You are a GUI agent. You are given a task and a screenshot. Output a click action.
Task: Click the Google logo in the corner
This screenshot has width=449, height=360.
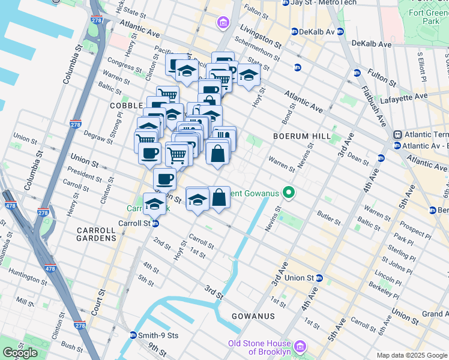20,352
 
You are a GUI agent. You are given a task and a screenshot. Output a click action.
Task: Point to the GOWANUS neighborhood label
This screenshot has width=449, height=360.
255,316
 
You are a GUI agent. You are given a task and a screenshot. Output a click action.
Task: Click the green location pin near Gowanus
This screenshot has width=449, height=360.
289,193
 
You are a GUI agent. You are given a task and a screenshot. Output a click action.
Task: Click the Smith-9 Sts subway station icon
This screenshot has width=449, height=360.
133,335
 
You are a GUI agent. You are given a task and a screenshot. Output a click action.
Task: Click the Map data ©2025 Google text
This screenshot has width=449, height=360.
411,355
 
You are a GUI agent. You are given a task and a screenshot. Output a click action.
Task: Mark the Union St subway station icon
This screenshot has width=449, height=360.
319,278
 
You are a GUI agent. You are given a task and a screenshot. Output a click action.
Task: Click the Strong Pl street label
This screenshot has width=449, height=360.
115,133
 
